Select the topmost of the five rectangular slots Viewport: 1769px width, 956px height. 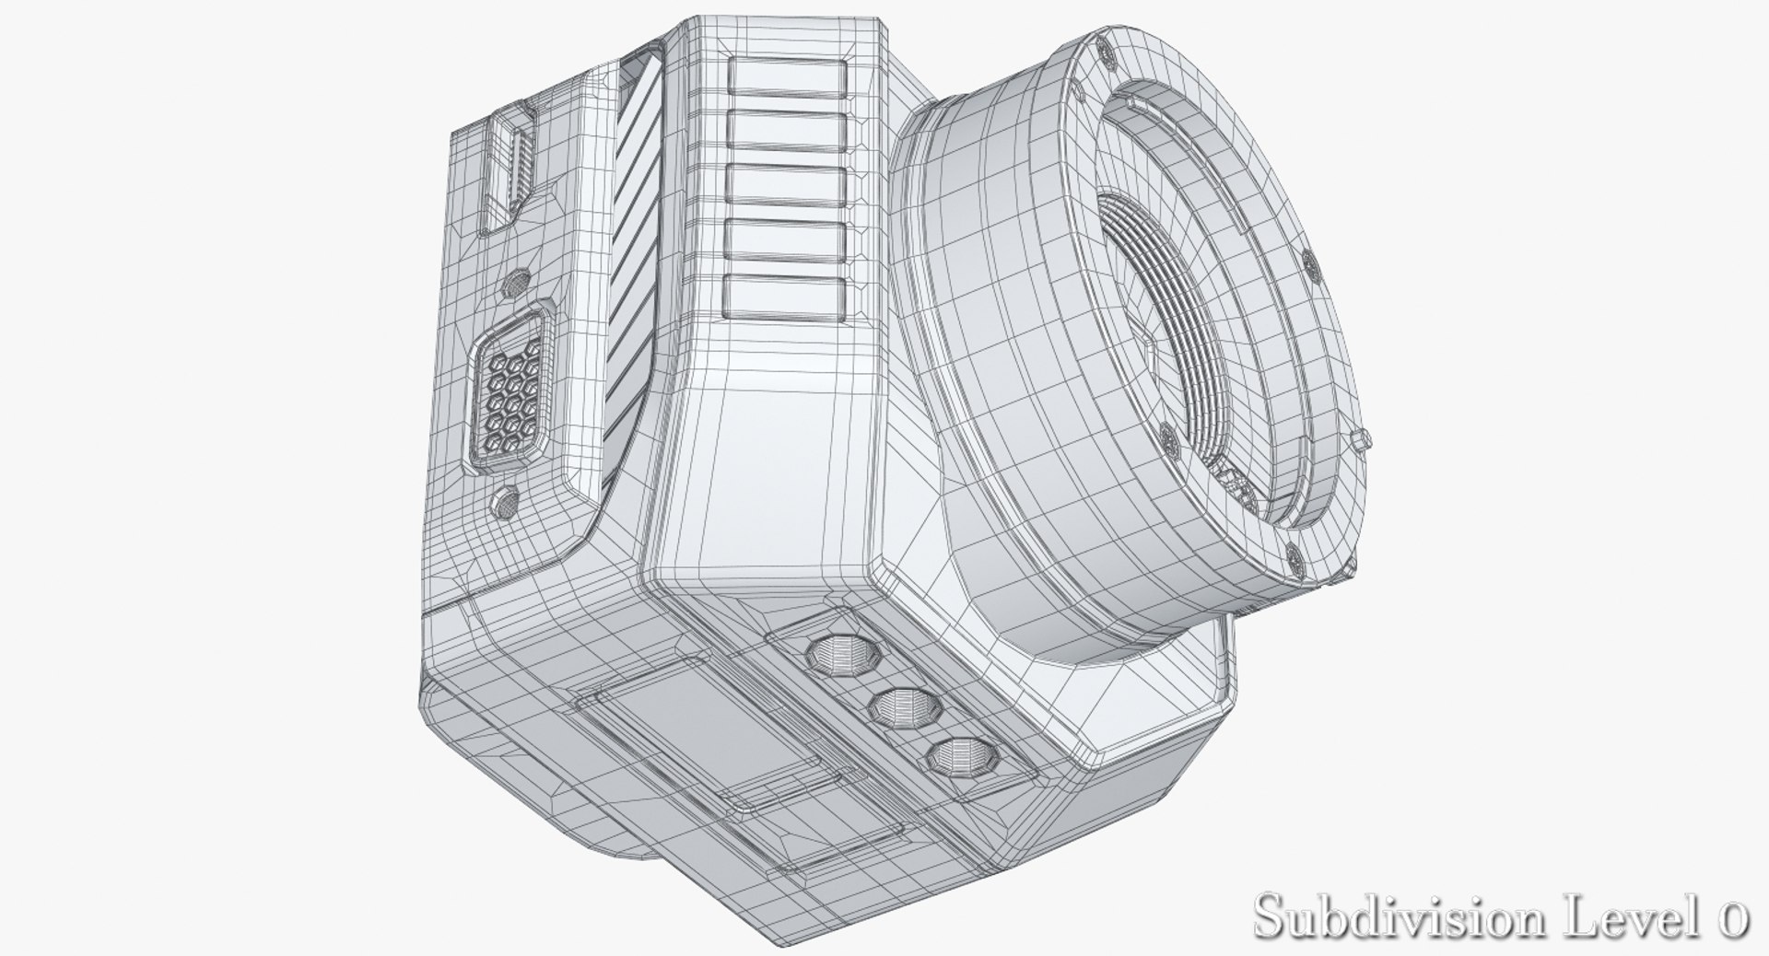786,77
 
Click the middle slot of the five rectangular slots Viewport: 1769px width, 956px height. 786,184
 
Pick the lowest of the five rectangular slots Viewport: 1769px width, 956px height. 786,293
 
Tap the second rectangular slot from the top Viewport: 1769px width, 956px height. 786,130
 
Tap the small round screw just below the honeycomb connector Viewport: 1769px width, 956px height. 504,501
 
